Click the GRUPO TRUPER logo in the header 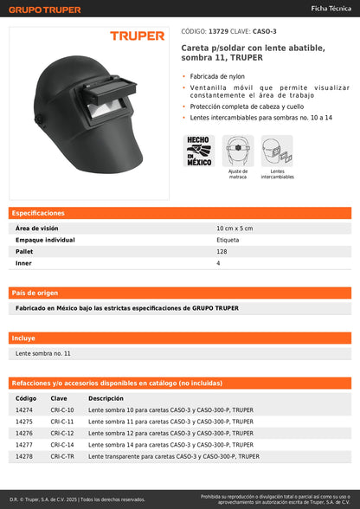[45, 10]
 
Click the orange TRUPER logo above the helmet [136, 36]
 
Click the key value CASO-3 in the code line [264, 30]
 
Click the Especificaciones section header [37, 213]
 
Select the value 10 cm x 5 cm [234, 228]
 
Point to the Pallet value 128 [221, 251]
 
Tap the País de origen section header [35, 293]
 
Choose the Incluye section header [23, 338]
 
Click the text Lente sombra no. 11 [43, 353]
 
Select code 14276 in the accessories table [25, 433]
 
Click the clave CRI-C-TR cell [62, 455]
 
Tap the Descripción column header [106, 398]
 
